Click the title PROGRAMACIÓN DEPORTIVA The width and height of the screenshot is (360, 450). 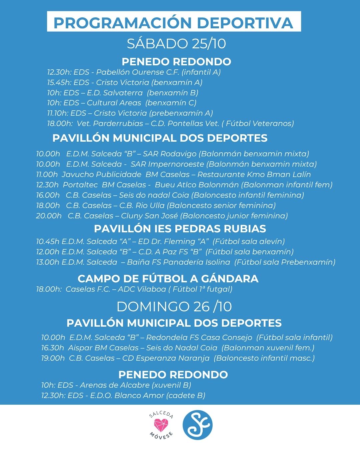click(173, 23)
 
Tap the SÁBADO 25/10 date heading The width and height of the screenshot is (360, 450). click(176, 44)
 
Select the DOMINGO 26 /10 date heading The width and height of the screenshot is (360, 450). click(174, 307)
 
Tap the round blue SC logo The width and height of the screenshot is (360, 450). click(197, 425)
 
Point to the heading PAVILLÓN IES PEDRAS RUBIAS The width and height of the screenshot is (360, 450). click(180, 229)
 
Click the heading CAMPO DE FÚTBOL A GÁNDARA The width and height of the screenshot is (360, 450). click(168, 278)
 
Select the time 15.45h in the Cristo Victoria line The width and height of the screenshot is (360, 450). click(59, 82)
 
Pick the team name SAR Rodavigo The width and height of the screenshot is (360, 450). click(170, 154)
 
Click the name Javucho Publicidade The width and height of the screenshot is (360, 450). click(102, 175)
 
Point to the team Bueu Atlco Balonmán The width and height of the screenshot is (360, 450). click(197, 185)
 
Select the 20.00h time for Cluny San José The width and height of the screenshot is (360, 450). click(49, 216)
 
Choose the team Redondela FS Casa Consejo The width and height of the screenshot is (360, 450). click(199, 338)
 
